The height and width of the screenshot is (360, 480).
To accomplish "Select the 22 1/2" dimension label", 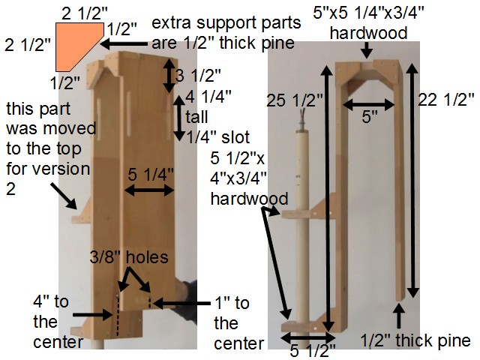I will tap(448, 98).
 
